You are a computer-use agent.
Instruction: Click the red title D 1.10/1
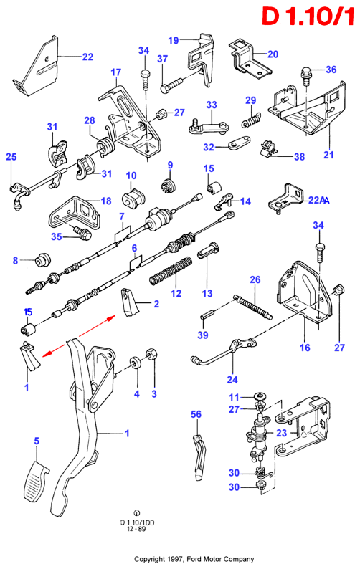[x=308, y=16]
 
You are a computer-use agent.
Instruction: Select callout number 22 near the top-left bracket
[x=87, y=57]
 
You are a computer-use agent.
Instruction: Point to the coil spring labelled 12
[x=171, y=271]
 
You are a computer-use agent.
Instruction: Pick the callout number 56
[x=196, y=414]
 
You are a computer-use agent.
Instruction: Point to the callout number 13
[x=207, y=293]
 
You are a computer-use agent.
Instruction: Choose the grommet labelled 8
[x=42, y=259]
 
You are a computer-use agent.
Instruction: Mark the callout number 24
[x=232, y=380]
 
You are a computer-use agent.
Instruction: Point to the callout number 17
[x=116, y=72]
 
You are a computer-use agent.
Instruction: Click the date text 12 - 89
[x=136, y=529]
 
